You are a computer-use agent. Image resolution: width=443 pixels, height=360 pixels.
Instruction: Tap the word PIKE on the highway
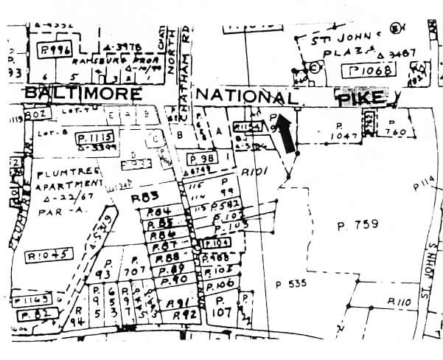click(x=360, y=97)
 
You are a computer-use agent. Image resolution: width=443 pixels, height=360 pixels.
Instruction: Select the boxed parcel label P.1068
click(x=371, y=71)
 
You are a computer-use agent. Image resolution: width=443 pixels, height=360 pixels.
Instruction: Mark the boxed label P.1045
click(x=48, y=255)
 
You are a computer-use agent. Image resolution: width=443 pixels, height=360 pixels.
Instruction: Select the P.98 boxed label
click(x=200, y=159)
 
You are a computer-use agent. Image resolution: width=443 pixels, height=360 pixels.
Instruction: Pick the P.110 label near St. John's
click(x=399, y=302)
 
